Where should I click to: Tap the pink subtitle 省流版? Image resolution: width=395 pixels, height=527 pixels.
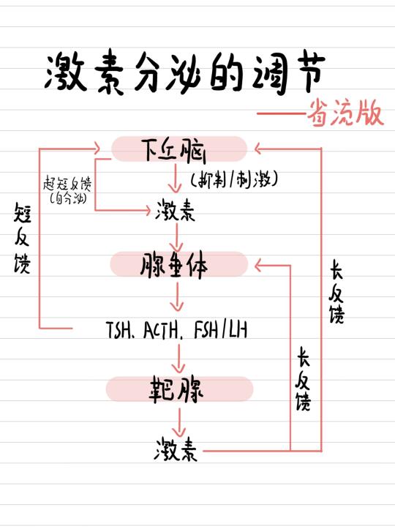345,113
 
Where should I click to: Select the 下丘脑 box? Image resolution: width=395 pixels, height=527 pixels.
179,149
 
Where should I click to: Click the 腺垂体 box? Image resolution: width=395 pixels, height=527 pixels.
179,264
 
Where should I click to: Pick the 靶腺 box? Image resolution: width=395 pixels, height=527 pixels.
179,389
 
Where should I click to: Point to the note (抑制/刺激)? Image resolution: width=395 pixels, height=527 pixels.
234,179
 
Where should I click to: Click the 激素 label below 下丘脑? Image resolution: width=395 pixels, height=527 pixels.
175,210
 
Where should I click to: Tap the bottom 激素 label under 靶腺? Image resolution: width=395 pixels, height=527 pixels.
176,449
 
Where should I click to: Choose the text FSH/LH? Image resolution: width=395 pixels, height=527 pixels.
221,329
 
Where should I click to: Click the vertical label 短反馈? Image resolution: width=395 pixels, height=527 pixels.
23,238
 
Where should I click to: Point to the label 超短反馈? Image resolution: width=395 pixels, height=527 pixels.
67,184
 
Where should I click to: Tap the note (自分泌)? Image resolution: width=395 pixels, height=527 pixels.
68,198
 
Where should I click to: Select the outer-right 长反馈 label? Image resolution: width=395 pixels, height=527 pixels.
336,291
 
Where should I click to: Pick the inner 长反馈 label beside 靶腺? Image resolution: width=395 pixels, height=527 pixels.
303,379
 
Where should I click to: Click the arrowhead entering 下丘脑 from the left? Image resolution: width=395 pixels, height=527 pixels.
97,148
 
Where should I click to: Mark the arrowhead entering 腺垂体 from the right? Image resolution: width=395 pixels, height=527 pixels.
259,266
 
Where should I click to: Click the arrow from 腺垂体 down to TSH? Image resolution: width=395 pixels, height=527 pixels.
177,296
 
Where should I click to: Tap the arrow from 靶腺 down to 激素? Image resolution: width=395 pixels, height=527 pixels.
179,422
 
